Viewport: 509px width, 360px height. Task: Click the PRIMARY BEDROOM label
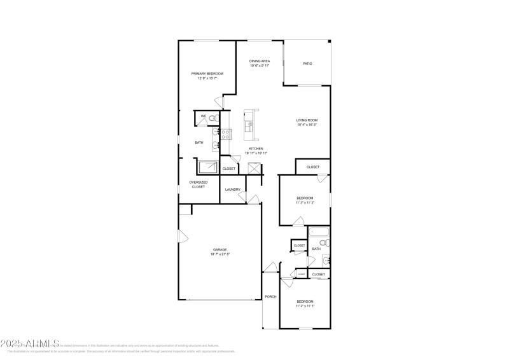(x=207, y=74)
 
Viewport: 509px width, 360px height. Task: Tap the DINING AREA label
(x=260, y=61)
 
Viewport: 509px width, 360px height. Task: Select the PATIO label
(x=307, y=64)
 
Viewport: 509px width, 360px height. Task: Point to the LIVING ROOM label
(x=307, y=120)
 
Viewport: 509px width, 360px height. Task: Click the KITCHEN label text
(x=256, y=149)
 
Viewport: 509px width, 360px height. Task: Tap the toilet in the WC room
(x=213, y=118)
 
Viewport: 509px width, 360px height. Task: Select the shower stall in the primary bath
(x=207, y=167)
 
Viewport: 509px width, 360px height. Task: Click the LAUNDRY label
(x=232, y=190)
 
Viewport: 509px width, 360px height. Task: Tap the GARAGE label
(x=220, y=249)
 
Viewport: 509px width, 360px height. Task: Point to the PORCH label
(x=270, y=296)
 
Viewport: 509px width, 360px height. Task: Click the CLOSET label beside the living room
(x=313, y=167)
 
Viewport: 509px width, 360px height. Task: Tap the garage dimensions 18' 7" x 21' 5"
(x=220, y=254)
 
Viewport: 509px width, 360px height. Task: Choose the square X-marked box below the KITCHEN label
(x=254, y=168)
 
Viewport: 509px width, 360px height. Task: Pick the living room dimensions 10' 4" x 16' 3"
(x=307, y=125)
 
